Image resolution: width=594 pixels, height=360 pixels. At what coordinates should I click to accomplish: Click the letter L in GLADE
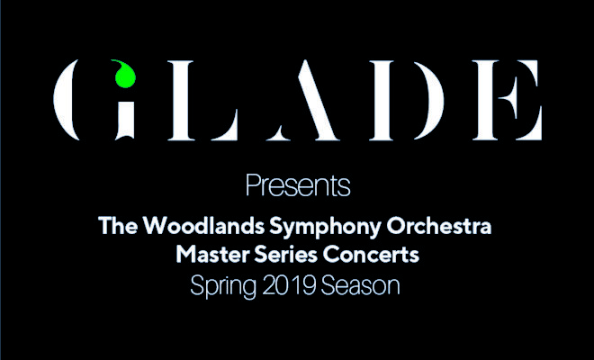pos(203,100)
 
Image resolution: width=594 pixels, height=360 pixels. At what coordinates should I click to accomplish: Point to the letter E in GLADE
pos(508,100)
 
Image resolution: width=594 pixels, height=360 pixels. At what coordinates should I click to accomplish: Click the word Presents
pos(298,185)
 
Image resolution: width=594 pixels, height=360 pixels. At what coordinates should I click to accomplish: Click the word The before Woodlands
pos(117,225)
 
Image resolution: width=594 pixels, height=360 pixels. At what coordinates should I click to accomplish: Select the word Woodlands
pos(203,225)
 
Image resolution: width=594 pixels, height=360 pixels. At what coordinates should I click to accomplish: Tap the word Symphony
pos(325,227)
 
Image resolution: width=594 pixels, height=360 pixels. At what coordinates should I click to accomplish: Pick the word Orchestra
pos(438,225)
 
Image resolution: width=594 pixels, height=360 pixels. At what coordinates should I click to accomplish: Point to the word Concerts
pos(371,255)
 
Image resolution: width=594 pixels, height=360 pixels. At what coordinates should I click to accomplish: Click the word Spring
pos(223,287)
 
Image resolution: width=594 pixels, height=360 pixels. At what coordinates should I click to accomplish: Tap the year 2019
pos(289,285)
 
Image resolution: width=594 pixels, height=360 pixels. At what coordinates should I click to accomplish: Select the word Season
pos(360,285)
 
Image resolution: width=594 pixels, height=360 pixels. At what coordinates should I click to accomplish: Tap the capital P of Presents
pos(252,184)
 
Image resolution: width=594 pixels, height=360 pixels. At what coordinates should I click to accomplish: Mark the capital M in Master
pos(186,255)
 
